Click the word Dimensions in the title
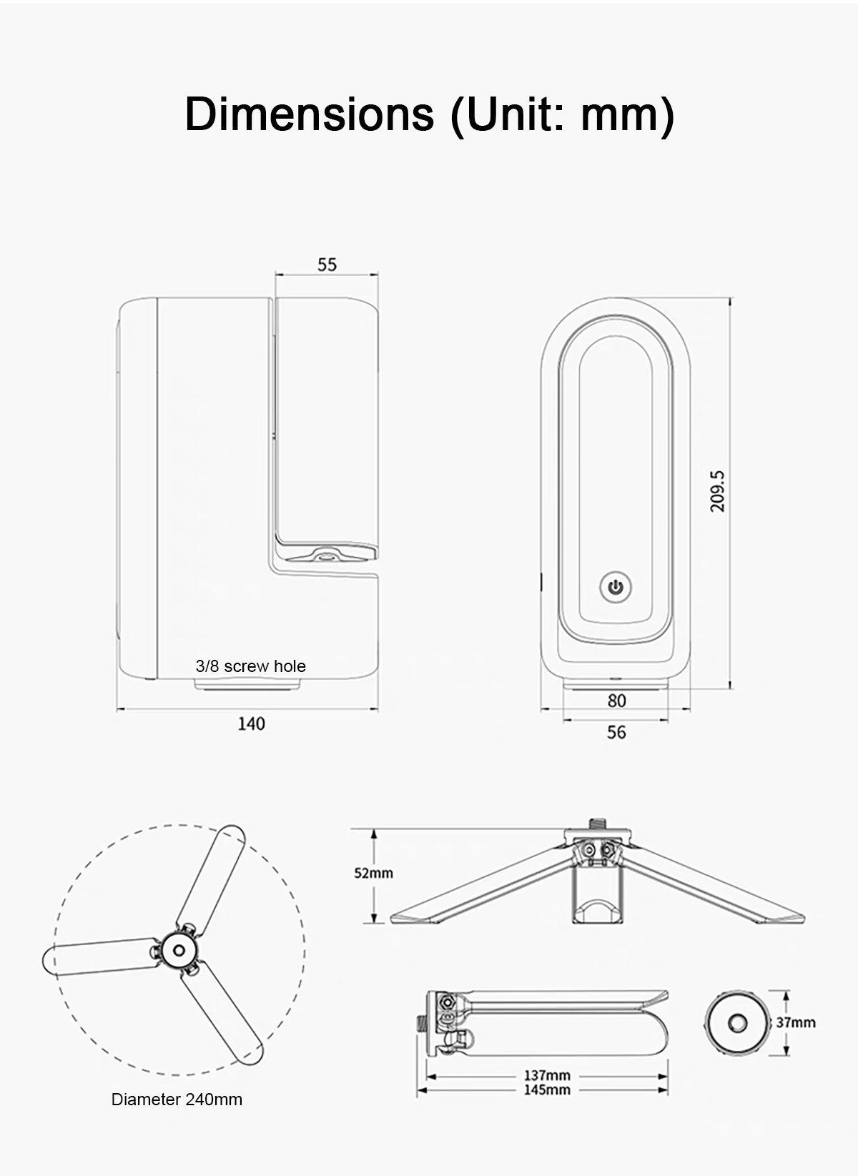[x=310, y=114]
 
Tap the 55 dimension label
[x=327, y=265]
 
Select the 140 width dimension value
[x=251, y=724]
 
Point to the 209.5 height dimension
[x=716, y=491]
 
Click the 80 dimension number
[x=616, y=701]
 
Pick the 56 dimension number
[x=616, y=732]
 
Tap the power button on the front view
[x=616, y=587]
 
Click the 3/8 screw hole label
[x=250, y=666]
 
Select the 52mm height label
[x=373, y=873]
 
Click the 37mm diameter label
[x=796, y=1023]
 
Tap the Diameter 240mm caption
[x=177, y=1100]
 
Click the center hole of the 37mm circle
[x=737, y=1023]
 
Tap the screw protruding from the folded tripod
[x=421, y=1023]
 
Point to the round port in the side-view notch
[x=325, y=555]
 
